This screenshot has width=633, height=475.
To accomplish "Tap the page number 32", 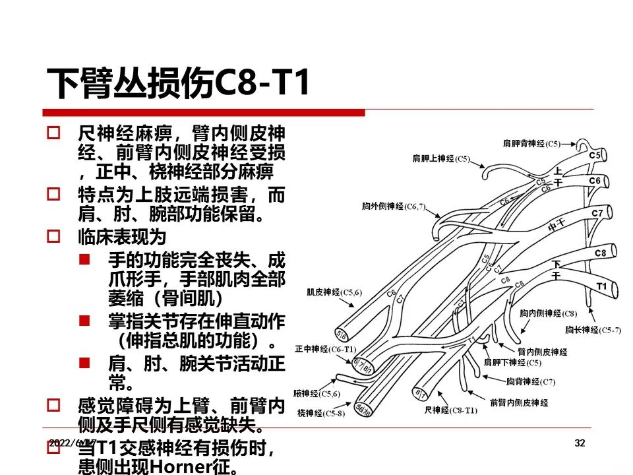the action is pyautogui.click(x=580, y=443).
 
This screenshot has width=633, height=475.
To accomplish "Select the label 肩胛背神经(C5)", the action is pyautogui.click(x=531, y=143).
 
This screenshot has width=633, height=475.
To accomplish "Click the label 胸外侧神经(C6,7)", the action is pyautogui.click(x=394, y=206).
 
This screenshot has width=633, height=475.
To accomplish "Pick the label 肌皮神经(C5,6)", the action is pyautogui.click(x=334, y=292).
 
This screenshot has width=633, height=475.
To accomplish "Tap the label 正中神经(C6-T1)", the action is pyautogui.click(x=326, y=348).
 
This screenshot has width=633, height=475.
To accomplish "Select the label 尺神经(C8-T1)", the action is pyautogui.click(x=450, y=410).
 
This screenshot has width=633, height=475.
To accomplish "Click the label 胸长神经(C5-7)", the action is pyautogui.click(x=593, y=330).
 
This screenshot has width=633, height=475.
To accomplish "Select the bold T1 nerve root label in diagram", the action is pyautogui.click(x=601, y=286).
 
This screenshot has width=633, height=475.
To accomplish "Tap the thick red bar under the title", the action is pyautogui.click(x=204, y=113).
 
